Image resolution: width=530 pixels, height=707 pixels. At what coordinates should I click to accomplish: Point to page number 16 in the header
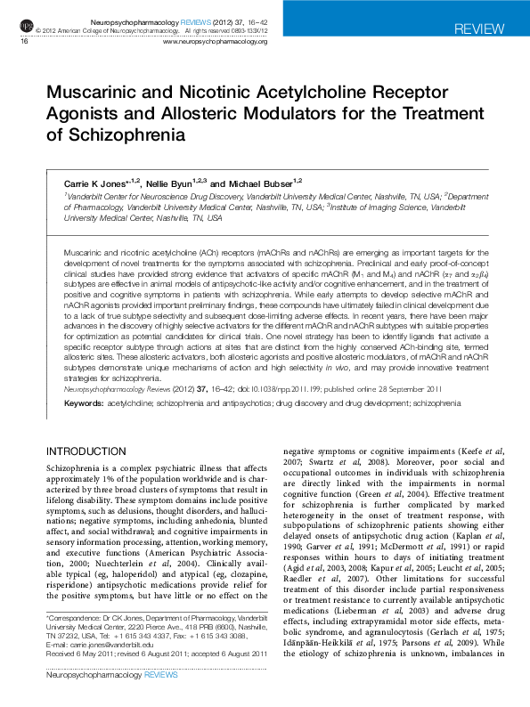coord(24,41)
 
